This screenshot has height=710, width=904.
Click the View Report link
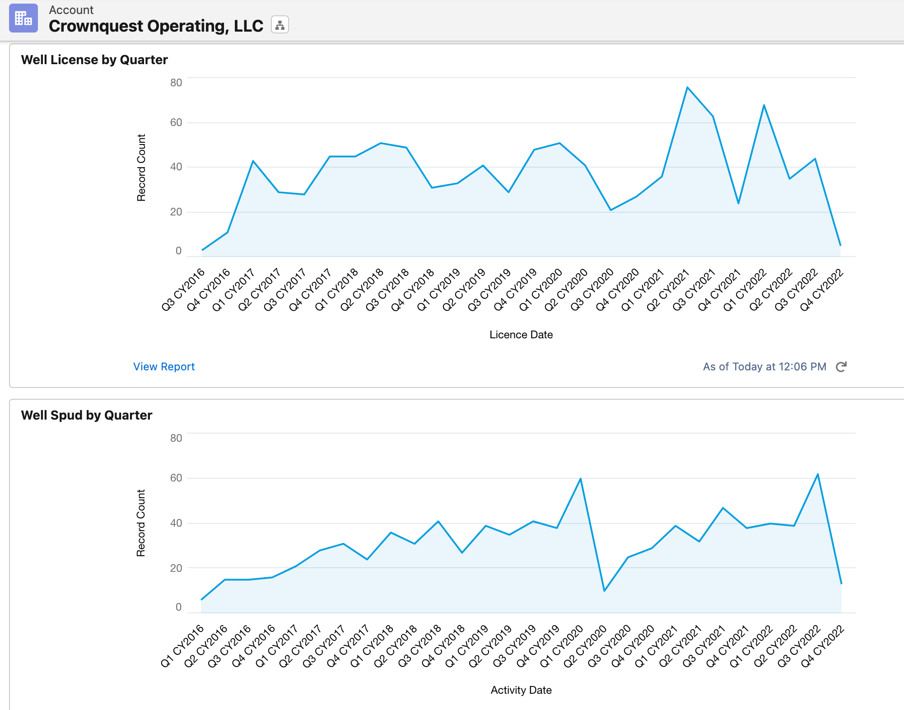point(164,366)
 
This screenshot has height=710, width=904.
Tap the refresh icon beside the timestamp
point(841,367)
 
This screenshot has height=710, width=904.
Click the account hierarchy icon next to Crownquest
point(280,25)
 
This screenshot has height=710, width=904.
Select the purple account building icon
point(23,19)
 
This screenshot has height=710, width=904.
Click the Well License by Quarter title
point(94,60)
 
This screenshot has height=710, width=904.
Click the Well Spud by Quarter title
point(87,415)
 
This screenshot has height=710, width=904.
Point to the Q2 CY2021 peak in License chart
point(687,87)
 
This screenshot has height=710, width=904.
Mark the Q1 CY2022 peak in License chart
point(764,105)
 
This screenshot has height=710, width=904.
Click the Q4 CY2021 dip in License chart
point(738,203)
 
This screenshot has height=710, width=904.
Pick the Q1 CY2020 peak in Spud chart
point(580,479)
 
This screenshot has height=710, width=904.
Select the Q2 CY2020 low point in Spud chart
point(604,591)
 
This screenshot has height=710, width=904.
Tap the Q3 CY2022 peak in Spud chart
point(818,474)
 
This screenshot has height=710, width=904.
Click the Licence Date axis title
point(521,335)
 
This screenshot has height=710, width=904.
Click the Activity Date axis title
point(521,690)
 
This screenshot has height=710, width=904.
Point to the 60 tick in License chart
point(176,122)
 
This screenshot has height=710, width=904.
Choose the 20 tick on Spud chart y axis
point(176,568)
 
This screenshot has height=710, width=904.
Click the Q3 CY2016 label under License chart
point(183,290)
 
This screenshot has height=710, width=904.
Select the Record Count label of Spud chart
point(141,523)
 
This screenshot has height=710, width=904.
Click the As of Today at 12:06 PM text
point(764,367)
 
